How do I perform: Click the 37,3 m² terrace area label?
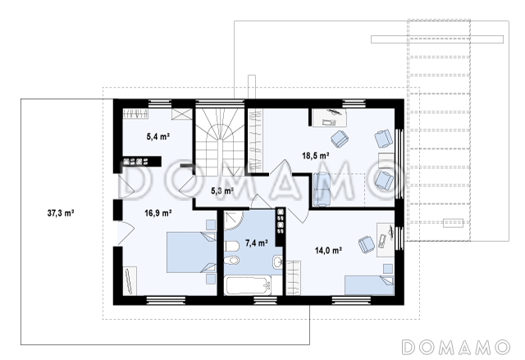point(61,213)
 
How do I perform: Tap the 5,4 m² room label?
point(158,136)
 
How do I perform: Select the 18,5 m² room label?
point(316,156)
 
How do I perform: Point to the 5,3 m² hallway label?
point(222,191)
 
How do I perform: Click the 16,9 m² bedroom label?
point(158,213)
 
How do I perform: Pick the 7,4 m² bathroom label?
point(257,244)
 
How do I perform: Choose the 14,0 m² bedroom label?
point(328,250)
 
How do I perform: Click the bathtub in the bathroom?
point(248,285)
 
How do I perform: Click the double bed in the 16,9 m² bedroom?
point(191,253)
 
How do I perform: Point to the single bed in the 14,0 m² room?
point(369,285)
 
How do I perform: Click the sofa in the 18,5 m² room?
point(322,189)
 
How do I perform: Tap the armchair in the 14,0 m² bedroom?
point(367,244)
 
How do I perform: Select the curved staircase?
point(220,142)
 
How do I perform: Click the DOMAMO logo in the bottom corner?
point(456,347)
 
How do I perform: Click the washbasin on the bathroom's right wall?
point(277,262)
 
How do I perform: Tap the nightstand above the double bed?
point(210,225)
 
